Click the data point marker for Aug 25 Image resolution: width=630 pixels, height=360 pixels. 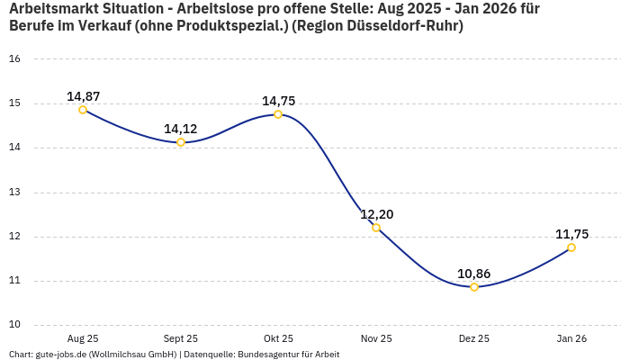83,110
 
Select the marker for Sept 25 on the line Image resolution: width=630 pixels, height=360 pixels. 181,142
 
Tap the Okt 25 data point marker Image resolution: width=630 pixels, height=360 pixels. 278,114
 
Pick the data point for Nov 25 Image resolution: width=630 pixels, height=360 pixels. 376,228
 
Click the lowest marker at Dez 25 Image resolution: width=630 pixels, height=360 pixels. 474,287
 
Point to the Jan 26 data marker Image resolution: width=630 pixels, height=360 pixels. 571,247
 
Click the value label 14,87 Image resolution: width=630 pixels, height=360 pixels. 83,96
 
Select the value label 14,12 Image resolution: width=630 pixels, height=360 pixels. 181,129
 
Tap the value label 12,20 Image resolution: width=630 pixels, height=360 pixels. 376,214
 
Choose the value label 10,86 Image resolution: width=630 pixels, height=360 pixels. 474,274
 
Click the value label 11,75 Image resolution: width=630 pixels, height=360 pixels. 571,234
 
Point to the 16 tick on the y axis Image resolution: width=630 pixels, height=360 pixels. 14,59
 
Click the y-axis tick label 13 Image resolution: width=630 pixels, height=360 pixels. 14,193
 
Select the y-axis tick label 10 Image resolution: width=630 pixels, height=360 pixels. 14,325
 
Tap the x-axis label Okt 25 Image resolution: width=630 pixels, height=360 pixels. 278,338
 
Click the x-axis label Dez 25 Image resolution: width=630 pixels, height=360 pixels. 474,338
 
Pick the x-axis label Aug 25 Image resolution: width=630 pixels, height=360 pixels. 83,338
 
